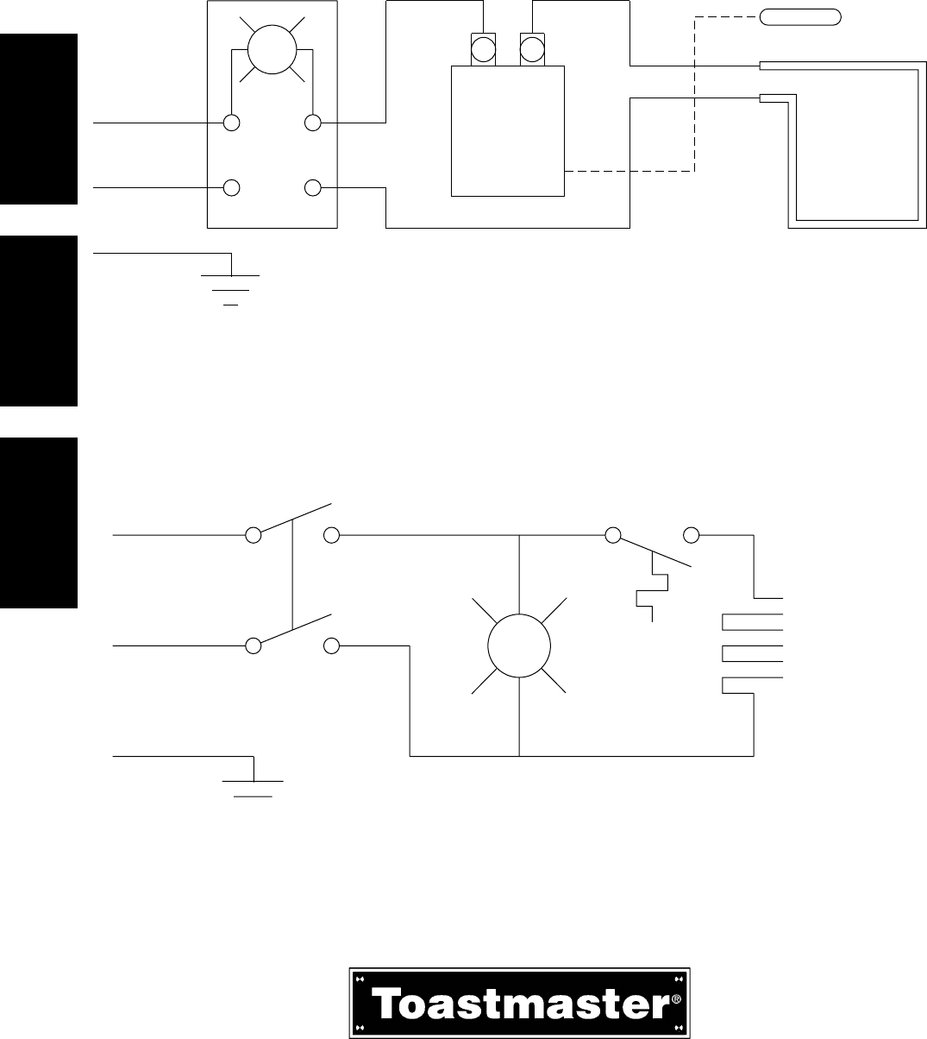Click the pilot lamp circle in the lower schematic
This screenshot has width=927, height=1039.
[x=519, y=645]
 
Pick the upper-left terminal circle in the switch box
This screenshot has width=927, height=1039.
[x=231, y=123]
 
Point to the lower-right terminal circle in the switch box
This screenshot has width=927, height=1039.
[x=313, y=187]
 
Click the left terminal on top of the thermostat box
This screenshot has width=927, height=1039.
[x=483, y=48]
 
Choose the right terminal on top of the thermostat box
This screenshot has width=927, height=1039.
[x=531, y=48]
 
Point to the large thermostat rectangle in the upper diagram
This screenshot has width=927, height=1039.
[x=508, y=131]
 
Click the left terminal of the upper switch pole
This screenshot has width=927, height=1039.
[x=254, y=536]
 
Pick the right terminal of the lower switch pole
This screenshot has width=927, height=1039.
[x=332, y=645]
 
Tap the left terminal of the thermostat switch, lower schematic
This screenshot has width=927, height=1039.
[x=613, y=536]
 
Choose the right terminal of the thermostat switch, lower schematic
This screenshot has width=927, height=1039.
[x=691, y=536]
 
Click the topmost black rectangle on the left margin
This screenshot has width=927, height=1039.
[x=39, y=119]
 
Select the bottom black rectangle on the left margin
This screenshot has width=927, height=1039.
[x=39, y=523]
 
